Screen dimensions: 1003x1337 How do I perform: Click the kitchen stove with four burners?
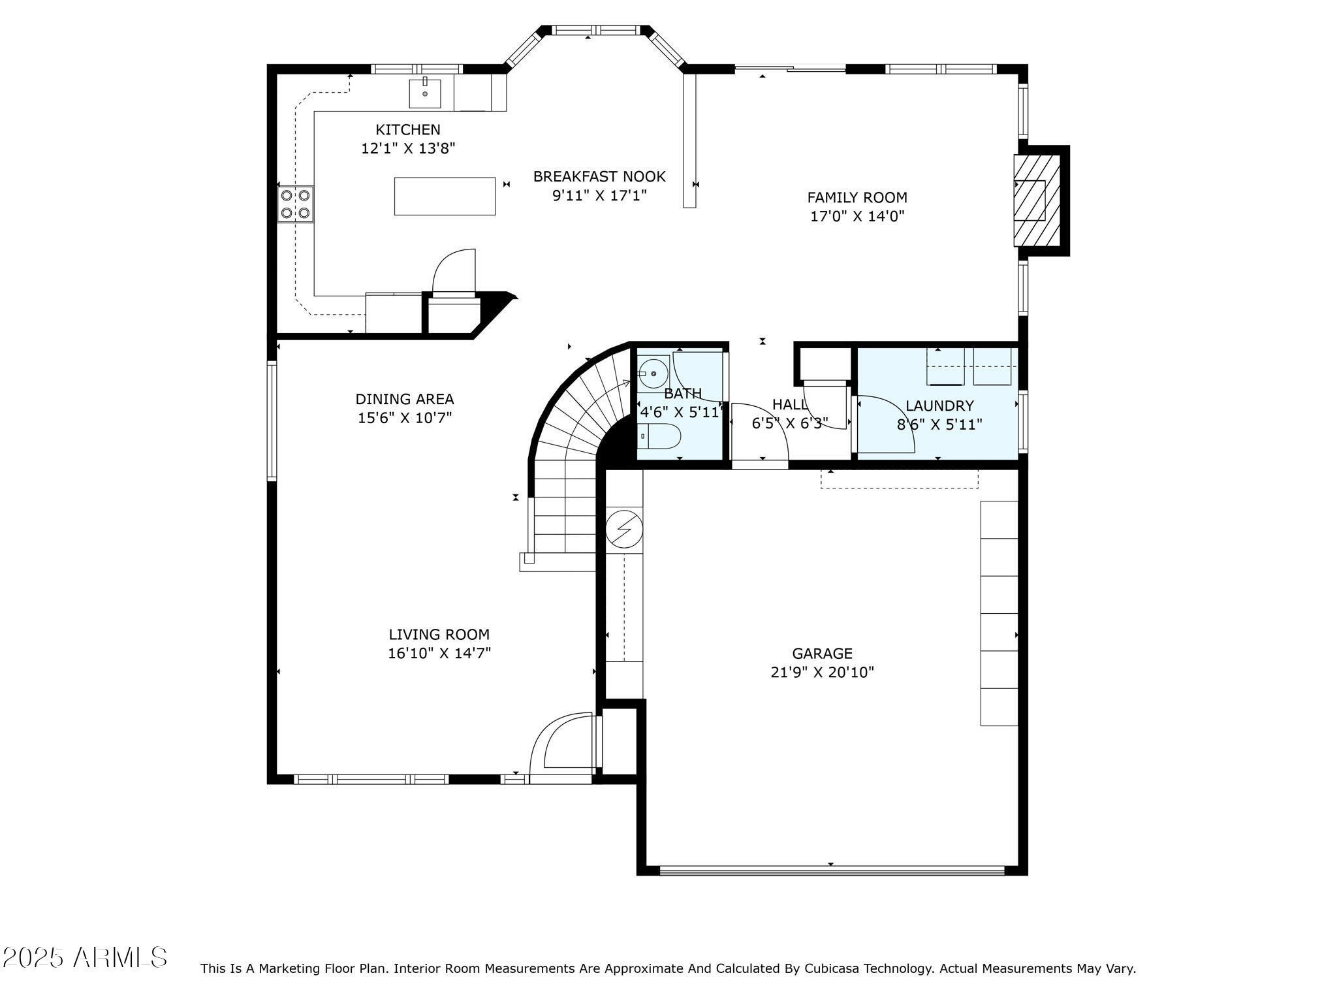[x=295, y=204]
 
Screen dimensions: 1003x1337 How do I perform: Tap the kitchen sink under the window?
[x=425, y=93]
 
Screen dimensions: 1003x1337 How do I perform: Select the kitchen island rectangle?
[x=445, y=196]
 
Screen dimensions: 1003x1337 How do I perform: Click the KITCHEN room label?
[x=407, y=129]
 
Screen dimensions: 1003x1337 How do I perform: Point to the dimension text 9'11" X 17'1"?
[x=599, y=195]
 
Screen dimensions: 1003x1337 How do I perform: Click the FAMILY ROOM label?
[x=857, y=197]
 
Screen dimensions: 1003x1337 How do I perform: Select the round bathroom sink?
[x=653, y=374]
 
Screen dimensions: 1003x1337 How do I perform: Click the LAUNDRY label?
[x=939, y=406]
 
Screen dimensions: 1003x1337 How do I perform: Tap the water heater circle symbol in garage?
[x=624, y=528]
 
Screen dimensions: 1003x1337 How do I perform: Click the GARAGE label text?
[x=822, y=653]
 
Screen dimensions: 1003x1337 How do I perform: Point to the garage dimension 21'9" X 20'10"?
[x=822, y=673]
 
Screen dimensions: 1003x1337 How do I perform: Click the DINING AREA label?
[x=404, y=399]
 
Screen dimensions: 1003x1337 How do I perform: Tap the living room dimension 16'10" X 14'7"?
[x=439, y=653]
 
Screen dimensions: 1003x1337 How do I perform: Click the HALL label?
[x=789, y=404]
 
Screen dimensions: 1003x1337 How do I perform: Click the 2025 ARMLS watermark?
[x=85, y=958]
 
